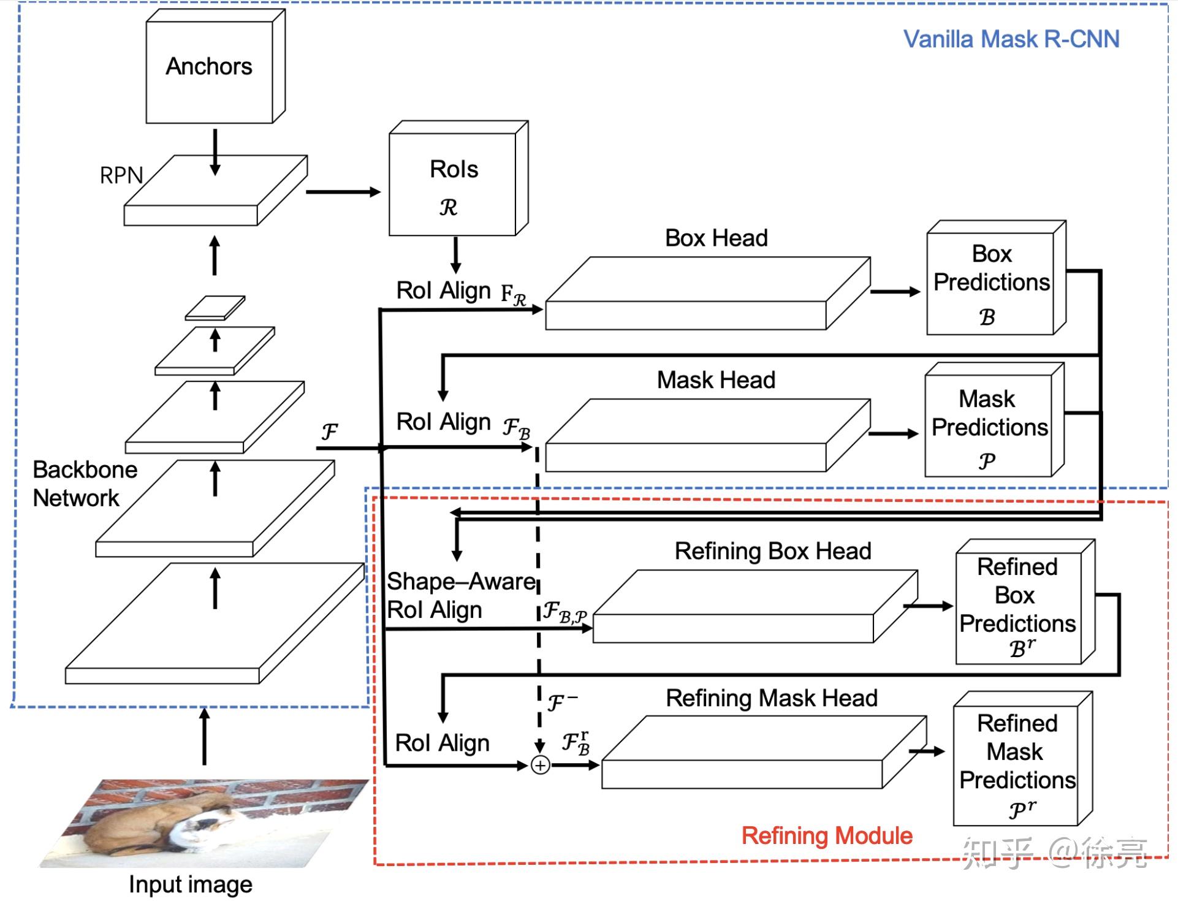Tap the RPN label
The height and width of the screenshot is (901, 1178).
(121, 176)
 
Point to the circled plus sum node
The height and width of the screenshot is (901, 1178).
(540, 766)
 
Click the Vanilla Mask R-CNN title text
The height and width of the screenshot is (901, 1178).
(1011, 39)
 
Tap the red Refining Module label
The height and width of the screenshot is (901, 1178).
(827, 835)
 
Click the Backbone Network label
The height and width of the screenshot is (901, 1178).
(84, 484)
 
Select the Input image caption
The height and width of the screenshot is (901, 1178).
(190, 884)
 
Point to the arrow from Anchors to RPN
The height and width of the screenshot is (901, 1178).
(215, 151)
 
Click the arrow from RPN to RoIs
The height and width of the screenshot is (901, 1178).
(343, 192)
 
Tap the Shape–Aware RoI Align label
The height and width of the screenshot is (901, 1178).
(460, 595)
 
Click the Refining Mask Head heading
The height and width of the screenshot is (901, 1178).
(772, 698)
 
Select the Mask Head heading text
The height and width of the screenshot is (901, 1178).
(716, 380)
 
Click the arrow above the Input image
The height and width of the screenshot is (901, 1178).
(205, 736)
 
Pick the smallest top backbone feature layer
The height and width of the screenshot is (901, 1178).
(215, 308)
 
